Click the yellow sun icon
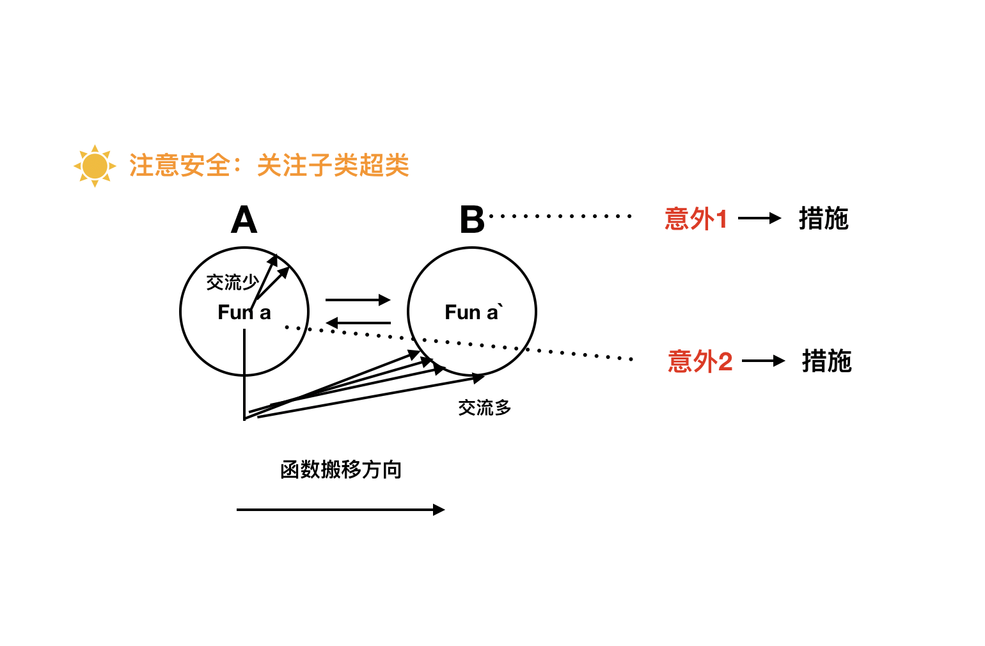[95, 166]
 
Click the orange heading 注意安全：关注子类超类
[269, 166]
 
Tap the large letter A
[244, 221]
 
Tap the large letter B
[472, 221]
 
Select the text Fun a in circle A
[244, 313]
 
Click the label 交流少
[232, 282]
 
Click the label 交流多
[484, 407]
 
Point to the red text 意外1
[696, 219]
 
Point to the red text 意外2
[700, 361]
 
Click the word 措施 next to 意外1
[823, 219]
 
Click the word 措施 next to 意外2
[826, 361]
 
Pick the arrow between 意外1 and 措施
[759, 219]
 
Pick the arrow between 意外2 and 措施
[763, 361]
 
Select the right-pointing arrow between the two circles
[358, 299]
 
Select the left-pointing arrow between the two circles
[358, 323]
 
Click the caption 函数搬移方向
[340, 470]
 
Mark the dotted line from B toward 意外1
[560, 216]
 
